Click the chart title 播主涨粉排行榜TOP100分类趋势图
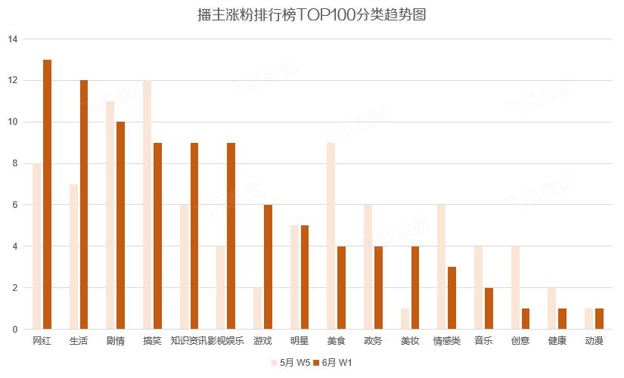coord(311,14)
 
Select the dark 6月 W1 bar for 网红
coord(48,194)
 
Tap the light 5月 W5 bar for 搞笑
coord(147,205)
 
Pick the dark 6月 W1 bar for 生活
coord(84,205)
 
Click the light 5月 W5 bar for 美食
coord(331,236)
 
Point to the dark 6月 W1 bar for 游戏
coord(269,267)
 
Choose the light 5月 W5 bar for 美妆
coord(405,319)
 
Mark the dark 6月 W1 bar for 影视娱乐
coord(231,236)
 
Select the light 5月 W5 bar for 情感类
coord(441,267)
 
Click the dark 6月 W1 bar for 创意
coord(526,319)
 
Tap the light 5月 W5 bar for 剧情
coord(110,215)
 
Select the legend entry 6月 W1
coord(333,363)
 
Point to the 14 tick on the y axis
coord(13,39)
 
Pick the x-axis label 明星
coord(300,341)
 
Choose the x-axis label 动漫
coord(594,341)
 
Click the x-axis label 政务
coord(373,341)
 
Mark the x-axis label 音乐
coord(483,341)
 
